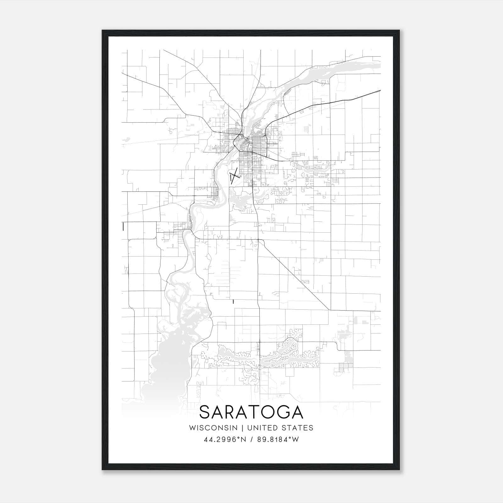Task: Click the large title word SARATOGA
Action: point(251,412)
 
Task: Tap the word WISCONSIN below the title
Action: point(213,428)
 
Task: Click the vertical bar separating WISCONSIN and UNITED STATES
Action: point(242,428)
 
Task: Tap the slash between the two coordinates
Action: point(252,439)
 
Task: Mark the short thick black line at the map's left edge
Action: point(123,227)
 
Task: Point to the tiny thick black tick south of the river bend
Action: point(233,302)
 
